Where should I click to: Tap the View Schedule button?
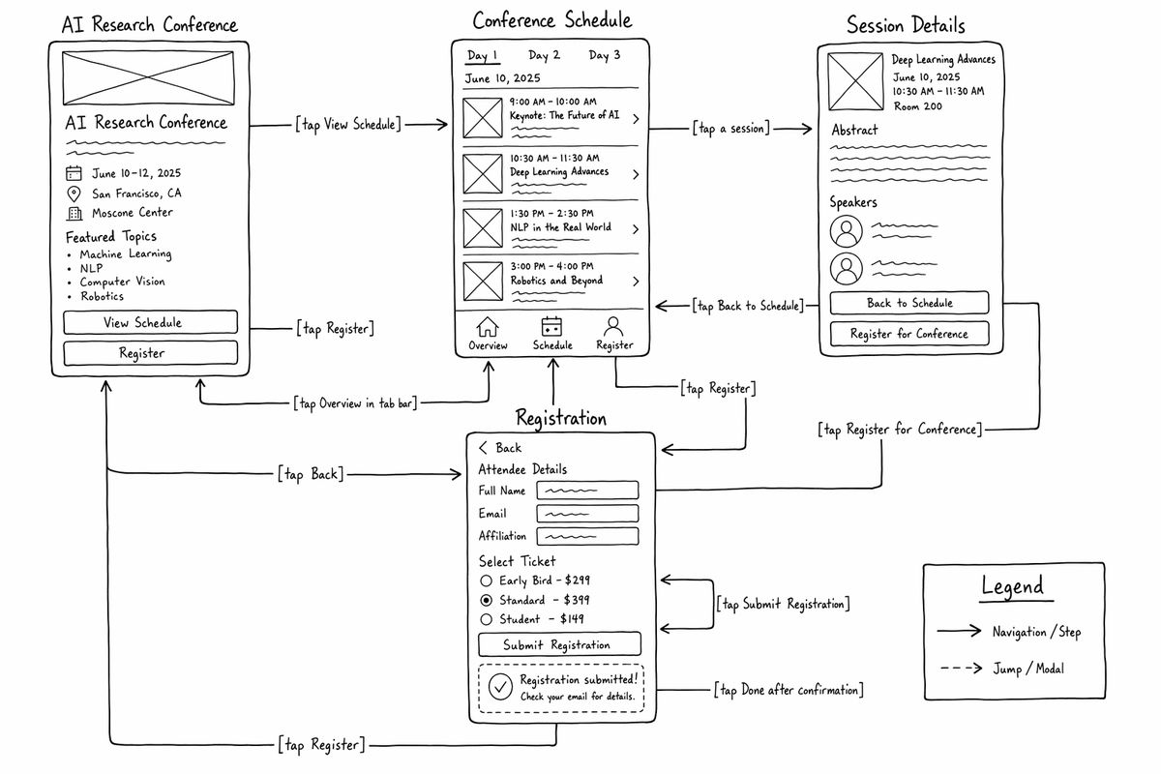[x=150, y=322]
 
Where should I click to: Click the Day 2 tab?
[x=544, y=55]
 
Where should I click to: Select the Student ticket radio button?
[x=486, y=619]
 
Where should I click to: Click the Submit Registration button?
[x=559, y=644]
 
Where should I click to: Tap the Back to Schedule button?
[x=909, y=303]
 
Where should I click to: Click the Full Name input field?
[x=587, y=491]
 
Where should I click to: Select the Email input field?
[x=587, y=514]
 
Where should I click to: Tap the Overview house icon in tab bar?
[x=488, y=327]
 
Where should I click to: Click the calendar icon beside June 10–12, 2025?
[x=74, y=173]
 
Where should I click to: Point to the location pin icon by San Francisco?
[x=74, y=193]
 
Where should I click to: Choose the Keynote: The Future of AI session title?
[x=564, y=115]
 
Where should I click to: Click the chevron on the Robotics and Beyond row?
[x=636, y=282]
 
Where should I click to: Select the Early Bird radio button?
[x=486, y=580]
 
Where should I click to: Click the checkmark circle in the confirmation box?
[x=500, y=687]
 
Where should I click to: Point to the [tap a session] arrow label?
[x=730, y=129]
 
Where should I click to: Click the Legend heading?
[x=1013, y=585]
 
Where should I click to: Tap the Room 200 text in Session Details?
[x=918, y=106]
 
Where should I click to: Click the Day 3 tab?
[x=605, y=55]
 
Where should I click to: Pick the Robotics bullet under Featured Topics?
[x=103, y=296]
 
